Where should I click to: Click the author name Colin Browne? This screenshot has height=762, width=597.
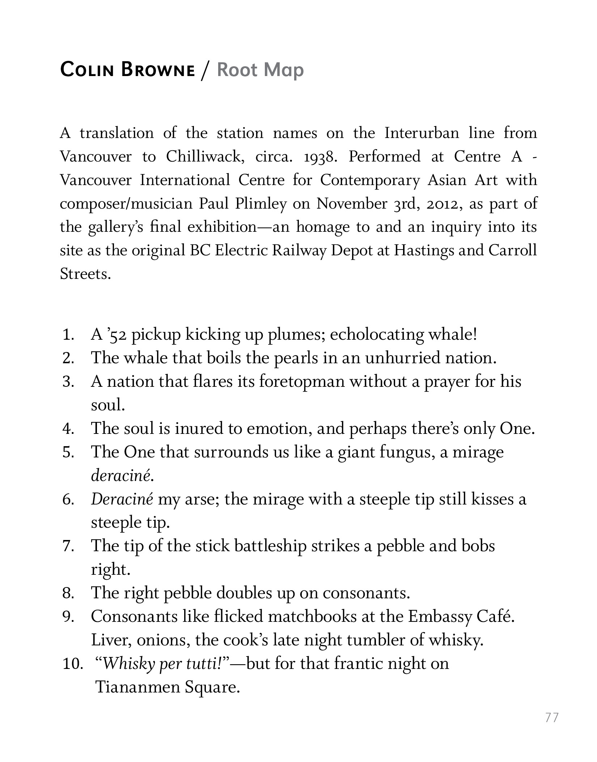pyautogui.click(x=127, y=70)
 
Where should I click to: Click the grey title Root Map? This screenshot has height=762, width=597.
pyautogui.click(x=260, y=70)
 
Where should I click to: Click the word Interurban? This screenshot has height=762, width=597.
pyautogui.click(x=422, y=133)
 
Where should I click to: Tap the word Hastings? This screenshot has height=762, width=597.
pyautogui.click(x=423, y=251)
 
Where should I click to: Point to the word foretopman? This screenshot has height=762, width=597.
pyautogui.click(x=302, y=382)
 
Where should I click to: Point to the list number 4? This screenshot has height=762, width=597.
pyautogui.click(x=68, y=429)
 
